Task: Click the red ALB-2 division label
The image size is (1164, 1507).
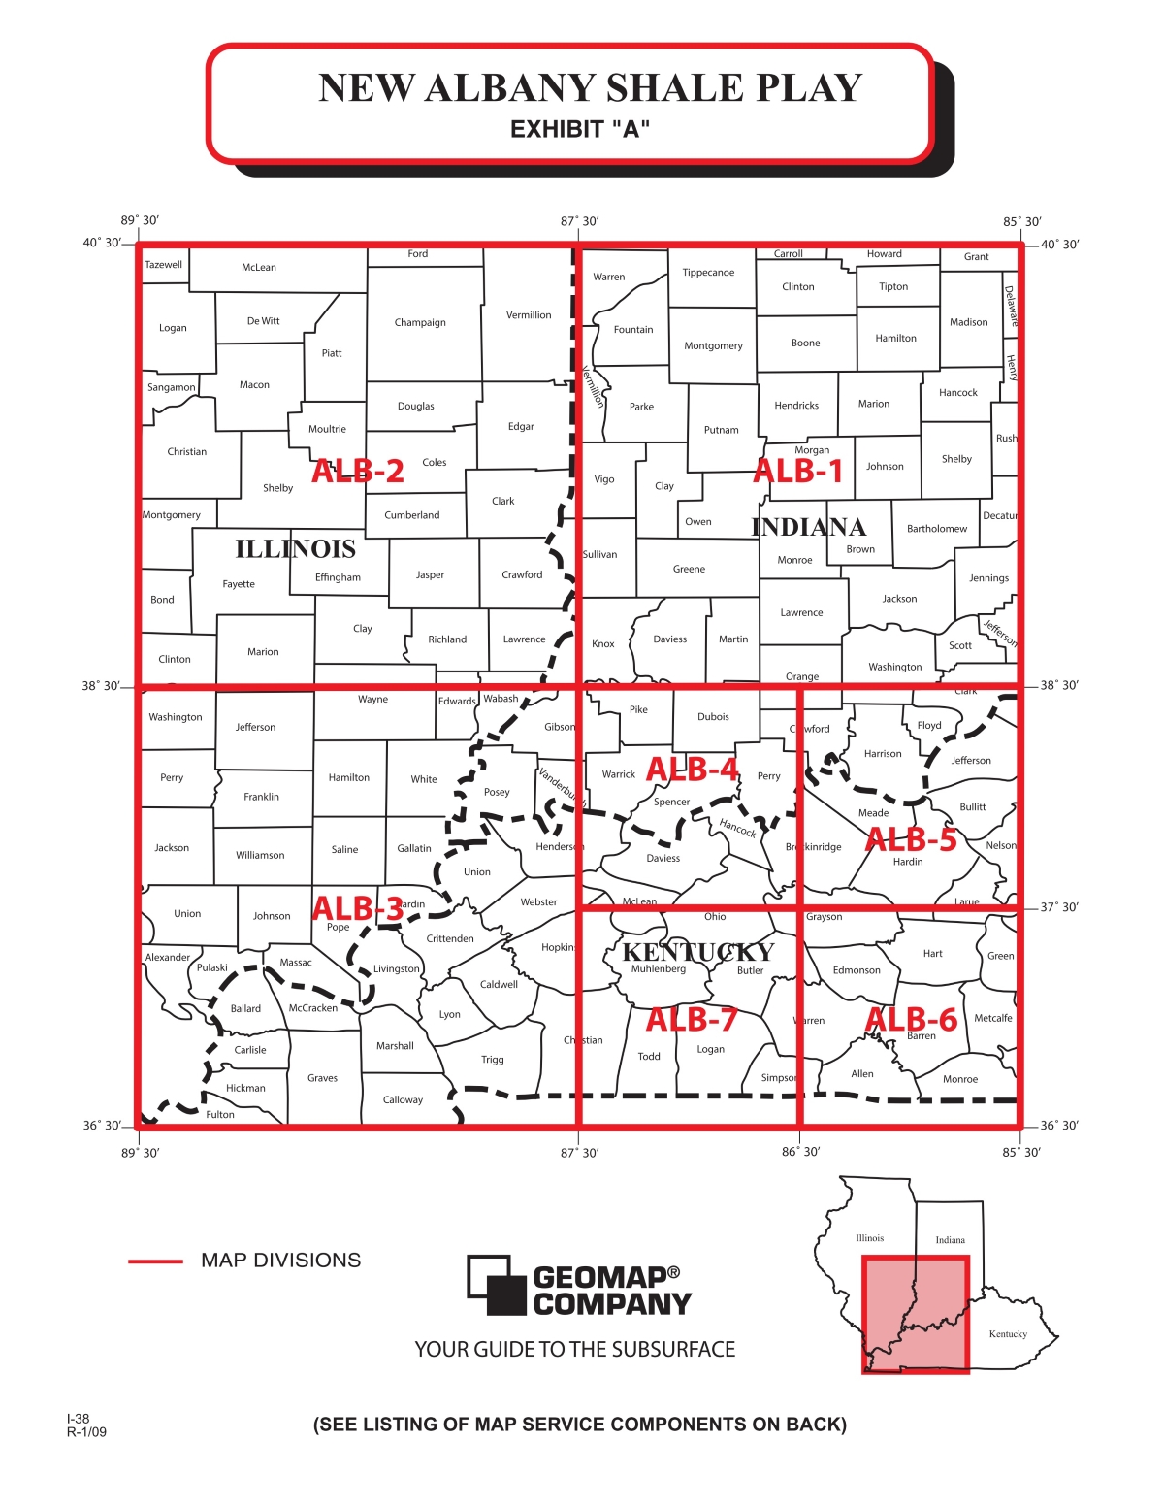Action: pos(357,471)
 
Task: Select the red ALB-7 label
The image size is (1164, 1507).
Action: pos(692,1020)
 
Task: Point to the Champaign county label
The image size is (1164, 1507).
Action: pos(420,322)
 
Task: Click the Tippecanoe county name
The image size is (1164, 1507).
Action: pos(708,273)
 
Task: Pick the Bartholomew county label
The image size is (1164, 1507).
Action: pos(936,529)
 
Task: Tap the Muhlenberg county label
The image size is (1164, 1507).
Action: pos(658,969)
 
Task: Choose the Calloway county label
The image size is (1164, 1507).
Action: pos(403,1099)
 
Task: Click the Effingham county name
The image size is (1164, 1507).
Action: pos(338,577)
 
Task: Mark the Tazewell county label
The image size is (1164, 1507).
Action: pos(163,265)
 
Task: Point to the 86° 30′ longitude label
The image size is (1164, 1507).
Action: pos(800,1152)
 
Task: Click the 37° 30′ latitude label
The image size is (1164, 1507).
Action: pos(1059,907)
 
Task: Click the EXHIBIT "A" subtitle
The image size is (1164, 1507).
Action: pos(579,130)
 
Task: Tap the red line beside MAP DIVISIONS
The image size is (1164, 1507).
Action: pos(155,1261)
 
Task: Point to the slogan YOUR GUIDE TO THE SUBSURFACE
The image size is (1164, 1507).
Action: pos(574,1350)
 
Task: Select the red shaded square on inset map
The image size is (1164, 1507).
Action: pos(915,1314)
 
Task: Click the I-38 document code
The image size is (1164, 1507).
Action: pos(78,1419)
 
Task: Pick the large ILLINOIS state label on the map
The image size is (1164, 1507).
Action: pos(295,549)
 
